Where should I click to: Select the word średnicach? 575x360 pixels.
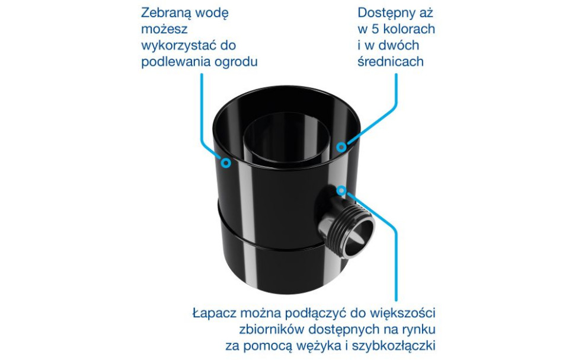tap(391, 62)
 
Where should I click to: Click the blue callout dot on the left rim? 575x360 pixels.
tap(225, 161)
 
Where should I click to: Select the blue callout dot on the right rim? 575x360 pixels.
tap(341, 146)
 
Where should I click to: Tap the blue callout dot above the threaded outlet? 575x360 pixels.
tap(341, 190)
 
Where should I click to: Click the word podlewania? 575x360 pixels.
tap(172, 62)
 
